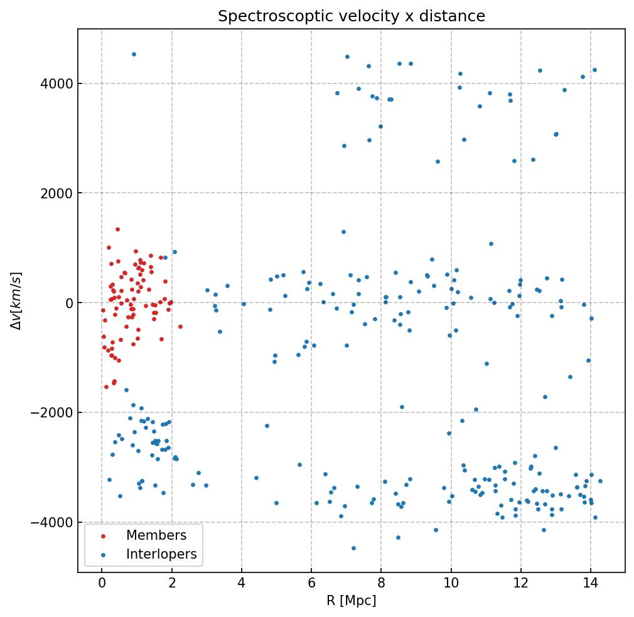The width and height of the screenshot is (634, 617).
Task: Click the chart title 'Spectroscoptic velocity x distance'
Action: tap(352, 16)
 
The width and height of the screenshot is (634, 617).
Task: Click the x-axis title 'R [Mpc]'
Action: tap(352, 601)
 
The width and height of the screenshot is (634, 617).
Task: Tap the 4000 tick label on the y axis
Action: tap(55, 83)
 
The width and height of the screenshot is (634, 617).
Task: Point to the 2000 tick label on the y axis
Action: tap(55, 193)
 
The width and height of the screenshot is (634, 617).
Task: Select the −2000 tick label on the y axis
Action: tap(51, 412)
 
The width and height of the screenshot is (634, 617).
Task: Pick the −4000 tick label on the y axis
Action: tap(51, 522)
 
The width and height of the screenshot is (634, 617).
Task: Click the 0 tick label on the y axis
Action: tap(67, 303)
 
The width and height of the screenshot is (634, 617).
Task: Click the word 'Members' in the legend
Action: tap(156, 535)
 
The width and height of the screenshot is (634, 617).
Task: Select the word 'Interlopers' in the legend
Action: tap(161, 554)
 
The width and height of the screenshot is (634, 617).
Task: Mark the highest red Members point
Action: tap(117, 229)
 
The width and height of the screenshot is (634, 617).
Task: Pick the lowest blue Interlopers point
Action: tap(353, 548)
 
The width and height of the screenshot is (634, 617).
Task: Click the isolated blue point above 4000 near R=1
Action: tap(134, 54)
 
